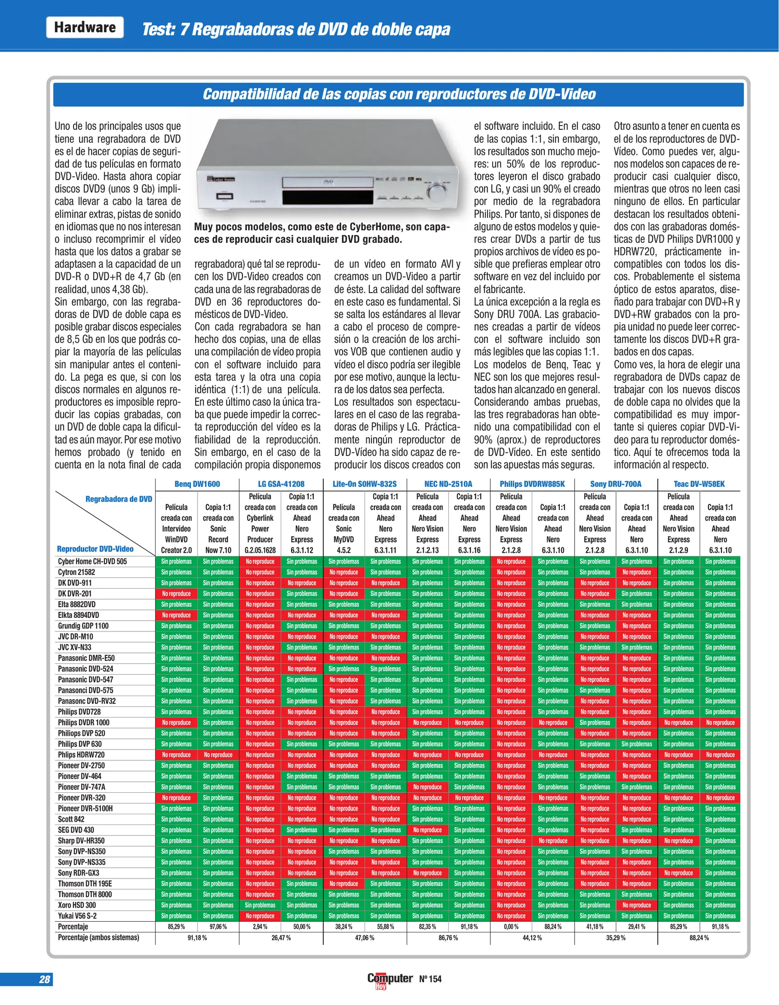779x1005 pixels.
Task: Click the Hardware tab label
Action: (x=85, y=27)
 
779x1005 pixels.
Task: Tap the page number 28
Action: (x=44, y=979)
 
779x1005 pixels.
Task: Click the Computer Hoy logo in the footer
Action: (x=390, y=979)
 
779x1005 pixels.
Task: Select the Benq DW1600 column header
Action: (x=197, y=484)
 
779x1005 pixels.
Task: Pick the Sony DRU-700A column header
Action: (x=616, y=484)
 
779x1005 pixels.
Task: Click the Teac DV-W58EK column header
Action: (x=699, y=484)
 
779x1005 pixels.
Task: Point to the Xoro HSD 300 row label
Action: (x=77, y=905)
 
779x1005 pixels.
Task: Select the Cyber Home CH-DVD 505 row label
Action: (x=92, y=562)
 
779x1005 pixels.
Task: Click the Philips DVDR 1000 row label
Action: (x=84, y=723)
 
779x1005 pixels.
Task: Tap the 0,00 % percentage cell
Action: (x=511, y=927)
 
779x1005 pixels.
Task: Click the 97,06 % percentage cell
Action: (x=218, y=927)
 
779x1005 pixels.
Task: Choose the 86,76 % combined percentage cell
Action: (x=448, y=938)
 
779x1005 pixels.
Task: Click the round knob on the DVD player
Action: (x=436, y=192)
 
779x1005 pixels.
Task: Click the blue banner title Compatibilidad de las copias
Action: (x=399, y=94)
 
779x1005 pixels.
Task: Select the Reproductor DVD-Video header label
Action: (x=95, y=549)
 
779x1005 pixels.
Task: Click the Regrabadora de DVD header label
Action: (x=119, y=499)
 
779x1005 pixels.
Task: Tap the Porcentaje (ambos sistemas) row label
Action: (x=98, y=938)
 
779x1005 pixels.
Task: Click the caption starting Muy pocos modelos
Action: (x=322, y=233)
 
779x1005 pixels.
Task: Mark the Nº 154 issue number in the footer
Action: (x=430, y=979)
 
